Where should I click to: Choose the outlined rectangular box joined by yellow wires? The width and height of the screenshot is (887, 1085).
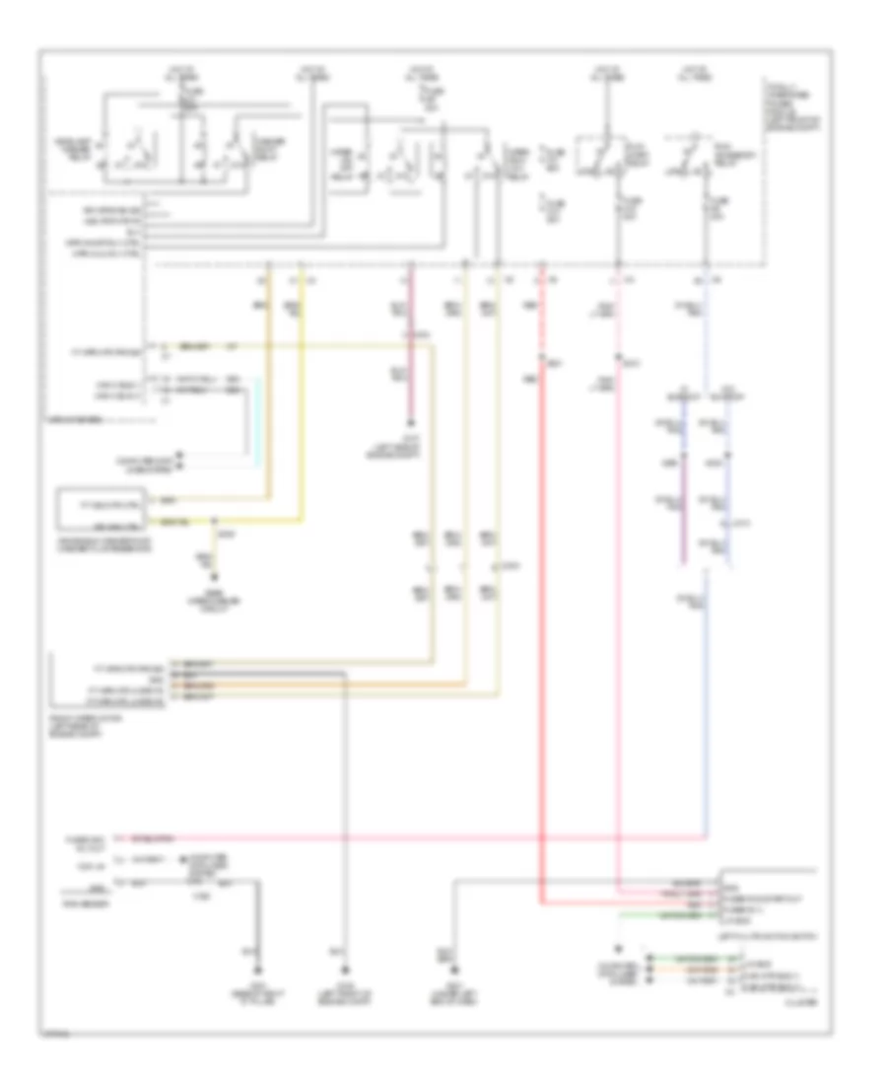click(103, 507)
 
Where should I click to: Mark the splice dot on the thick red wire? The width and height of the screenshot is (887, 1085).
click(542, 357)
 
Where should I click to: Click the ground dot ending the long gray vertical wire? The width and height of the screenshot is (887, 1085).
click(344, 948)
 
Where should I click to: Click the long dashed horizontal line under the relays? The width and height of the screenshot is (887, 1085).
click(453, 265)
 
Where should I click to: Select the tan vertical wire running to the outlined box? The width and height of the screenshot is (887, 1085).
click(270, 395)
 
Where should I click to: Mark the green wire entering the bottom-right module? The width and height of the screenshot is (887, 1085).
click(670, 913)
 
